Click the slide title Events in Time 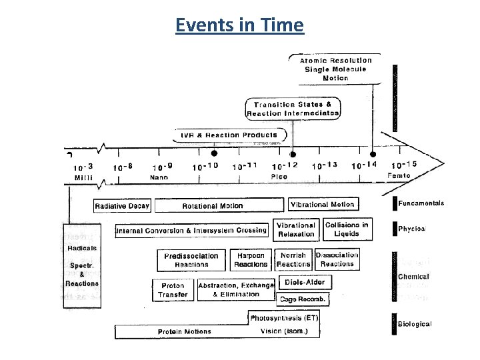(x=239, y=25)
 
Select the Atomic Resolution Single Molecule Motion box (x=337, y=69)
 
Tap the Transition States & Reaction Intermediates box (x=293, y=109)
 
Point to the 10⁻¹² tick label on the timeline (x=285, y=165)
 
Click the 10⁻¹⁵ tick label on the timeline (x=405, y=165)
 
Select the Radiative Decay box (x=122, y=206)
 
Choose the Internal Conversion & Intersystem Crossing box (x=192, y=231)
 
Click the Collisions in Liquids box (x=347, y=229)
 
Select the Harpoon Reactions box (x=251, y=260)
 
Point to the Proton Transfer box (x=173, y=291)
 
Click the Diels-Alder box (x=305, y=283)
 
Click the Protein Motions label (x=185, y=331)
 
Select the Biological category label (x=415, y=324)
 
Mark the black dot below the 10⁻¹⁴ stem (x=373, y=155)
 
